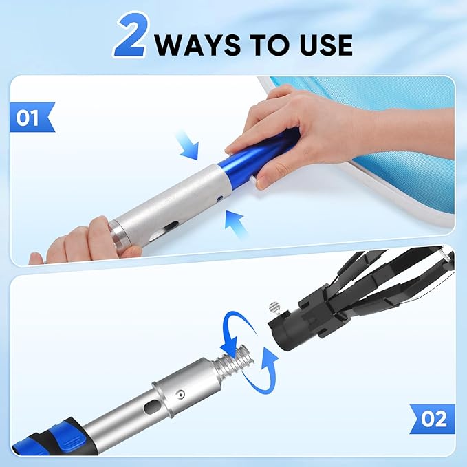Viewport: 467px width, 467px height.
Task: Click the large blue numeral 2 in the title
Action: click(x=131, y=39)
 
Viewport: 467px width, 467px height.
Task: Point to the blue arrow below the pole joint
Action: click(x=235, y=224)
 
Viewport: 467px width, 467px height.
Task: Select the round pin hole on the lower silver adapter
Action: click(x=180, y=393)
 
